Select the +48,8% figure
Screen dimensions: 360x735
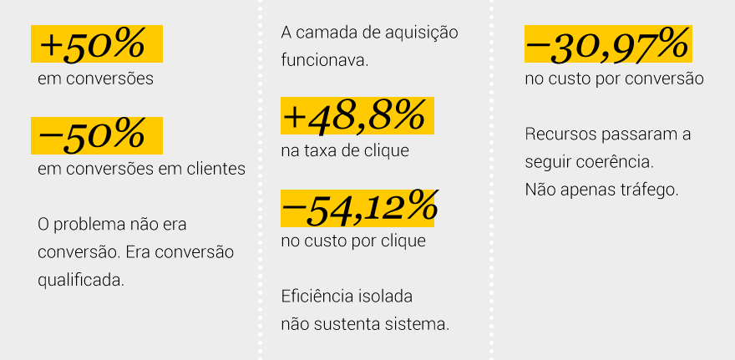coord(353,116)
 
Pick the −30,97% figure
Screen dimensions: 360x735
coord(607,45)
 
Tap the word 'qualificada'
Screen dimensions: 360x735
coord(81,280)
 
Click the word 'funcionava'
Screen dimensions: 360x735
coord(324,61)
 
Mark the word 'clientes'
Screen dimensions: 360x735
coord(215,169)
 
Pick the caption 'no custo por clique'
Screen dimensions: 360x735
coord(353,241)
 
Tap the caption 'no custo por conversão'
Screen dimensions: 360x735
coord(614,80)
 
